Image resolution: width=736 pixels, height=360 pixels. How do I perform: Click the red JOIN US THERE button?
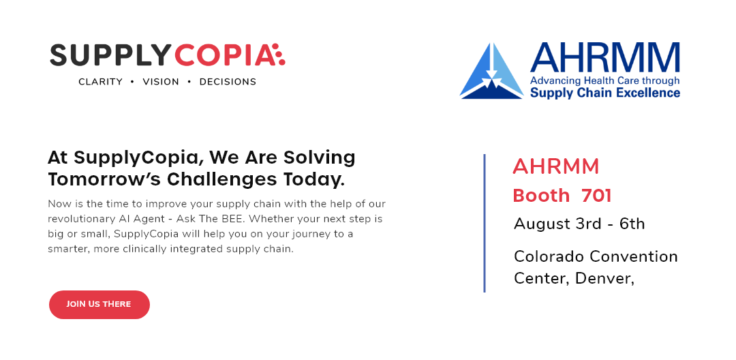click(x=99, y=305)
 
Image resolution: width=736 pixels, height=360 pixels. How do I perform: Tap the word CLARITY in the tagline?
click(x=100, y=82)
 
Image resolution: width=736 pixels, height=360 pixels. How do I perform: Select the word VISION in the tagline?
click(x=161, y=82)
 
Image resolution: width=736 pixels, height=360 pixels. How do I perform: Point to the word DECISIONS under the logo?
click(x=228, y=82)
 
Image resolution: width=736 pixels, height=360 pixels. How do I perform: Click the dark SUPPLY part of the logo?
click(x=109, y=55)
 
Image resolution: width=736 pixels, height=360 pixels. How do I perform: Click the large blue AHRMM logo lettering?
click(x=605, y=57)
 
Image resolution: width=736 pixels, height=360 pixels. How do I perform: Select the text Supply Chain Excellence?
click(x=605, y=93)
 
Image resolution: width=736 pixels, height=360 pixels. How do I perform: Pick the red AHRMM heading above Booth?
click(x=556, y=166)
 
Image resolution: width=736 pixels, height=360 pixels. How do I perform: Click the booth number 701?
click(x=596, y=196)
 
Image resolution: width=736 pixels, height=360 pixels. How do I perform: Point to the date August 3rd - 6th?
click(x=579, y=224)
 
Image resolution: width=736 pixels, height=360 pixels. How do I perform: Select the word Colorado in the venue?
click(x=549, y=257)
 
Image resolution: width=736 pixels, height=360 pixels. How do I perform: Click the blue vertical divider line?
click(x=485, y=223)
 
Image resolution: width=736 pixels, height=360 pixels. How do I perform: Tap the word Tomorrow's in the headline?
click(x=105, y=179)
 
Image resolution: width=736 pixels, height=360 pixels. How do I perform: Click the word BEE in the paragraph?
click(x=232, y=219)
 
